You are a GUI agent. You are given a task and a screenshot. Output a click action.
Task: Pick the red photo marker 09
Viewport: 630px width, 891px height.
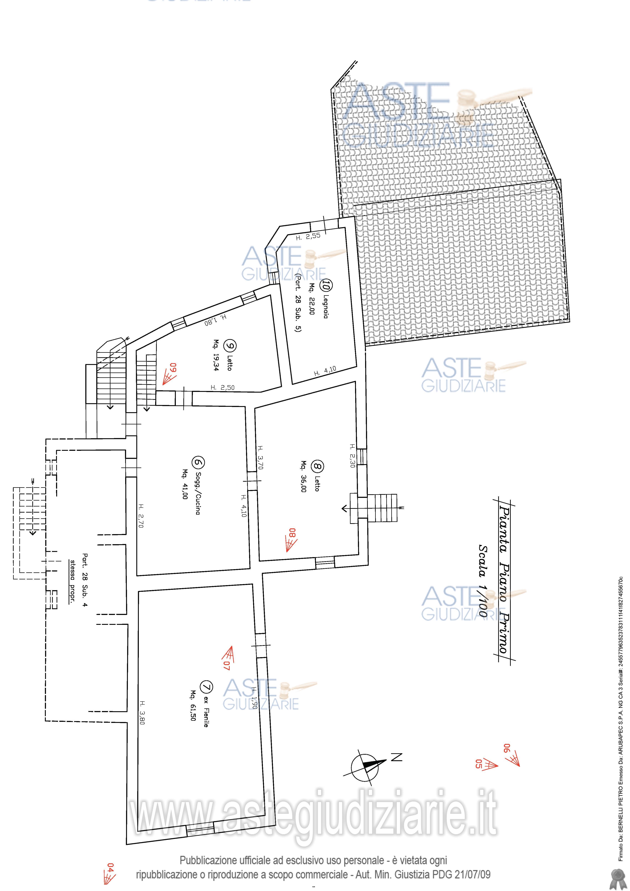click(170, 373)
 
